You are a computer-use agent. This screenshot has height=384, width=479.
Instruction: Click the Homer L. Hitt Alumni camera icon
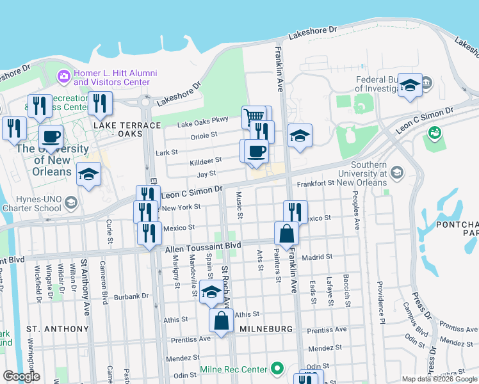pyautogui.click(x=63, y=77)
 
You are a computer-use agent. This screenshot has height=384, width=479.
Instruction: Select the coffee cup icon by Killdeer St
pyautogui.click(x=256, y=152)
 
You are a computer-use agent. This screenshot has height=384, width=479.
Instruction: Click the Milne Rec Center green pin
pyautogui.click(x=277, y=369)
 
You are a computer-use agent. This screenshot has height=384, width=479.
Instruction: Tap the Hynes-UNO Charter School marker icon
pyautogui.click(x=70, y=204)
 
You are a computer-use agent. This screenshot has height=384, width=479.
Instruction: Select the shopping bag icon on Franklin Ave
pyautogui.click(x=286, y=234)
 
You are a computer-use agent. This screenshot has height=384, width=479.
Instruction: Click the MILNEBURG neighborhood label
pyautogui.click(x=266, y=329)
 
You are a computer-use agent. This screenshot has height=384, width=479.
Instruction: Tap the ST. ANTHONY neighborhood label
pyautogui.click(x=58, y=329)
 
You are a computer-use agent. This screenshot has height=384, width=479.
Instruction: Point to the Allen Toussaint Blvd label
pyautogui.click(x=203, y=246)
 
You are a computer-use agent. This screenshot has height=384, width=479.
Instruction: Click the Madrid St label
pyautogui.click(x=318, y=257)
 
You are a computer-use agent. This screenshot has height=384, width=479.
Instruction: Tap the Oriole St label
pyautogui.click(x=205, y=136)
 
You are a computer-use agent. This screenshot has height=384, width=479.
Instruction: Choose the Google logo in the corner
pyautogui.click(x=21, y=376)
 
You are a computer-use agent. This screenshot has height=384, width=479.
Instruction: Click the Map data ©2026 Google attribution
pyautogui.click(x=439, y=379)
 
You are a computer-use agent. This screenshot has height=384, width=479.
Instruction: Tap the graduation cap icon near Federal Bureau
pyautogui.click(x=409, y=85)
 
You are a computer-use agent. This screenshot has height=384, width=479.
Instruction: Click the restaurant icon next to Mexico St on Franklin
pyautogui.click(x=295, y=211)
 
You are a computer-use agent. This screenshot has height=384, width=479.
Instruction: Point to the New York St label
pyautogui.click(x=182, y=207)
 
